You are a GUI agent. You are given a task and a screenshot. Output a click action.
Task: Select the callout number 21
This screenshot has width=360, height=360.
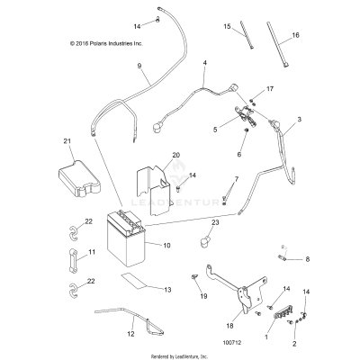(67, 141)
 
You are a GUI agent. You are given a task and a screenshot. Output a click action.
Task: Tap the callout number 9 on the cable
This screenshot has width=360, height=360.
(139, 66)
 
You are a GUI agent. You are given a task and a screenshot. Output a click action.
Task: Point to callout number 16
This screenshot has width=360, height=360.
(295, 36)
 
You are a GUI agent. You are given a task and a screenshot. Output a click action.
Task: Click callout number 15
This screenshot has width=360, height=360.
(228, 26)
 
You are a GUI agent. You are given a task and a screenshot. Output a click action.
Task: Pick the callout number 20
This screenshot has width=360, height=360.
(176, 155)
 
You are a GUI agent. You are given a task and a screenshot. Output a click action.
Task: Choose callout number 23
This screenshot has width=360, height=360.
(215, 222)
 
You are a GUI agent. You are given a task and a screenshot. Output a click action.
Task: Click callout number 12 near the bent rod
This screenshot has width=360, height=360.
(106, 334)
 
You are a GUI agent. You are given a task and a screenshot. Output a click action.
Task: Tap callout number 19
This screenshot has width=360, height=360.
(203, 296)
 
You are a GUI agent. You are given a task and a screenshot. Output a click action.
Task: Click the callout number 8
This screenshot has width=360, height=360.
(307, 259)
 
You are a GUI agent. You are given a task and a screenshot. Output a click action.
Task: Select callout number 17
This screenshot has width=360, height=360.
(269, 90)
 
